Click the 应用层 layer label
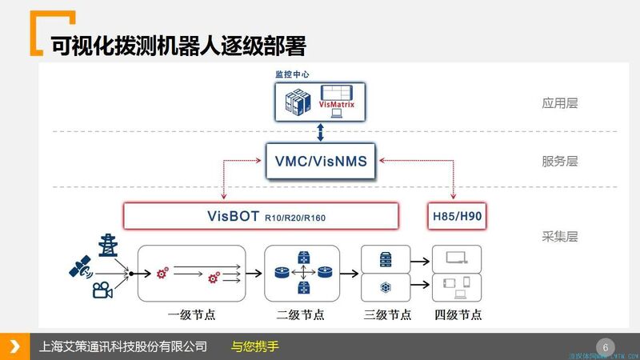click(559, 103)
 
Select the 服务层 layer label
click(559, 162)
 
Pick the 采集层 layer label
click(559, 237)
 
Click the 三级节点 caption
click(386, 314)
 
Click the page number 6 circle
click(605, 347)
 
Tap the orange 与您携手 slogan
click(254, 347)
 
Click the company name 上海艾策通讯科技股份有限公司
click(123, 347)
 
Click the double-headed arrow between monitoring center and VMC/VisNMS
click(319, 132)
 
